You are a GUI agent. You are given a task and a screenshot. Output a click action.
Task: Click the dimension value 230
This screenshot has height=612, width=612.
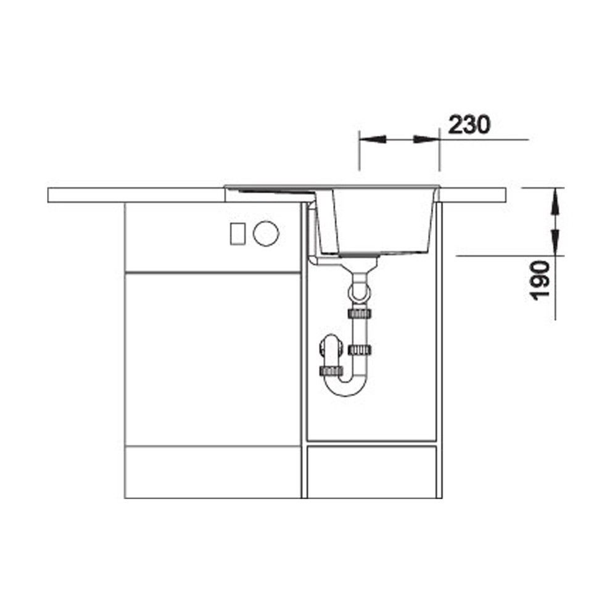469,125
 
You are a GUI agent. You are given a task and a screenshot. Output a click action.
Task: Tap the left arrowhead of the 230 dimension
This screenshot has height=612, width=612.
373,139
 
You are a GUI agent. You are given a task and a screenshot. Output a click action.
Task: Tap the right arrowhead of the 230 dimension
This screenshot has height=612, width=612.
426,139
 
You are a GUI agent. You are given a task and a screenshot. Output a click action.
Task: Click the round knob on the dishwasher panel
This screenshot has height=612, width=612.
266,233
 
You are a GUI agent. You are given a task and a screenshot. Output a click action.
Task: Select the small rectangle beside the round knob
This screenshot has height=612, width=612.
238,233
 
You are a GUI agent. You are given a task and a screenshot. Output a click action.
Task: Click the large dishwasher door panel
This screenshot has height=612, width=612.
213,360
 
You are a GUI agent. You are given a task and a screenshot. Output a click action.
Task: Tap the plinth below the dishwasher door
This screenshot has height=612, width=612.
213,473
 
